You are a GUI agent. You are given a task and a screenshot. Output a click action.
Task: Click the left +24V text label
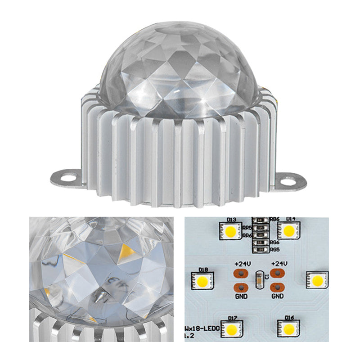click(242, 263)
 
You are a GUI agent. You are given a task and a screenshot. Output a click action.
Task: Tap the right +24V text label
click(278, 263)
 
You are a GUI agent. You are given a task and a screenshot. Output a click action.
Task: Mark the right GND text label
click(278, 297)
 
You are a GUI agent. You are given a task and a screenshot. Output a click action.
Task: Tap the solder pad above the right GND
click(278, 287)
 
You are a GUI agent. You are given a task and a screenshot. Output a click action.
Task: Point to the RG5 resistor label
click(275, 249)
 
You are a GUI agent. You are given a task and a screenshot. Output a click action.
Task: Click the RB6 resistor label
click(275, 219)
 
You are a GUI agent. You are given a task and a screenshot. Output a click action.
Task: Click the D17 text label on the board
click(233, 319)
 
